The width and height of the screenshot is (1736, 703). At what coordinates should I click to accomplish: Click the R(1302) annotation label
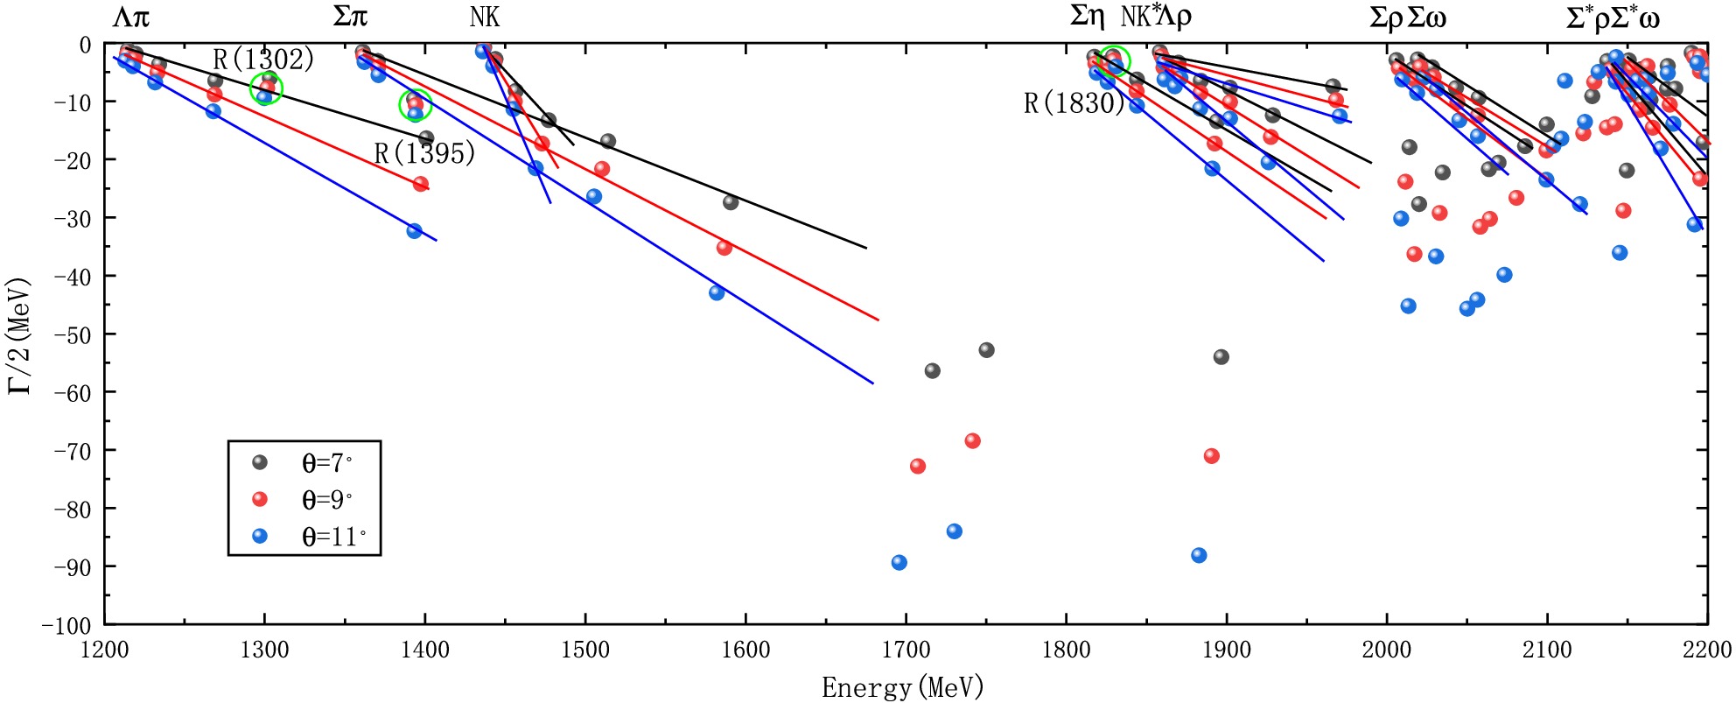coord(263,60)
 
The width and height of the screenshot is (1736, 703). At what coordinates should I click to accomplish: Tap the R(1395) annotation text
coord(424,154)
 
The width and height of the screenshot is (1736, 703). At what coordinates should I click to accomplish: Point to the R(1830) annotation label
coord(1074,103)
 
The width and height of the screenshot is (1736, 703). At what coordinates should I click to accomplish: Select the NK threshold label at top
coord(485,17)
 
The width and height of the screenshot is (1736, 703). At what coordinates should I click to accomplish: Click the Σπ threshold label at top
coord(350,17)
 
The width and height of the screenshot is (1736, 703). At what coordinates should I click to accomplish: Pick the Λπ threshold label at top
coord(130,17)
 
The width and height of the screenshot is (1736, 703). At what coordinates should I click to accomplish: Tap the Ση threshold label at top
coord(1088,17)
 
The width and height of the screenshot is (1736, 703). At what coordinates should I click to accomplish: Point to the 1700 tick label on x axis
coord(906,650)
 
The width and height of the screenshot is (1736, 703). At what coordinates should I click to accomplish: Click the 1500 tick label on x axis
coord(585,650)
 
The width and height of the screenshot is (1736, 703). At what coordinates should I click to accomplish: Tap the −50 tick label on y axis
coord(72,334)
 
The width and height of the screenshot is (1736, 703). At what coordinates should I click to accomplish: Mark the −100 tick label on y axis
coord(66,625)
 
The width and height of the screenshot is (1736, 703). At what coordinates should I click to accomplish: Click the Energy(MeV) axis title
coord(902,687)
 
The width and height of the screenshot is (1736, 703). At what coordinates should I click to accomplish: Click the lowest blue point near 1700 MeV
coord(899,563)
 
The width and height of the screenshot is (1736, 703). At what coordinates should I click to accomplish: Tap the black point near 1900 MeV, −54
coord(1221,357)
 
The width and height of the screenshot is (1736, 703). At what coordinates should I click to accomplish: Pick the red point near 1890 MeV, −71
coord(1212,456)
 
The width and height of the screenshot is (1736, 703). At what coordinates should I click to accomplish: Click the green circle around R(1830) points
coord(1114,60)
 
